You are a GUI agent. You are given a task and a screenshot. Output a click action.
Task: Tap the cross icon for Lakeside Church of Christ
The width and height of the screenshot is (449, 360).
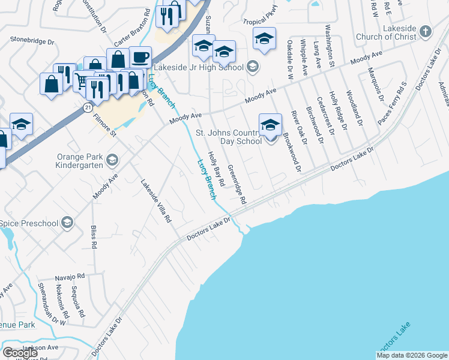point(426,31)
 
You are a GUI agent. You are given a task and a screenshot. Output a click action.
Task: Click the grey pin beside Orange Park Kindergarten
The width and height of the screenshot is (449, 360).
point(112,160)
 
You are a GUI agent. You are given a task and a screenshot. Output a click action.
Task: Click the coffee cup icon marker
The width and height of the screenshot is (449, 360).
point(140,58)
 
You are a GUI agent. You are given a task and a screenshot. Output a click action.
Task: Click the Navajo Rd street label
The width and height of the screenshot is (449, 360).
point(71,277)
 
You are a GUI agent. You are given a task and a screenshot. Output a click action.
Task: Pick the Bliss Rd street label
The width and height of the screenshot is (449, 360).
point(94,236)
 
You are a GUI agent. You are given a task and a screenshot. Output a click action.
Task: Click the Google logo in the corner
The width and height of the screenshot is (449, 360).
point(20,353)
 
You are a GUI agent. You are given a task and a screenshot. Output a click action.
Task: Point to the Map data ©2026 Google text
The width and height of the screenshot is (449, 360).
point(412,355)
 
